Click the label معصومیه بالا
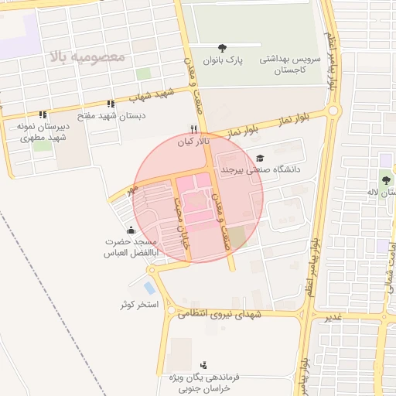click(87, 58)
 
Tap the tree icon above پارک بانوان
click(224, 48)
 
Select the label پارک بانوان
click(224, 60)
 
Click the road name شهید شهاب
click(148, 97)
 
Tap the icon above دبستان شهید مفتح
click(111, 103)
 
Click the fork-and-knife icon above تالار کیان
click(194, 130)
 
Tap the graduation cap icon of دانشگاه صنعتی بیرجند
click(259, 157)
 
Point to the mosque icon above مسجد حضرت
click(131, 229)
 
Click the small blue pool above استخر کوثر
click(149, 288)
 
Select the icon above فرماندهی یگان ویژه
click(203, 364)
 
